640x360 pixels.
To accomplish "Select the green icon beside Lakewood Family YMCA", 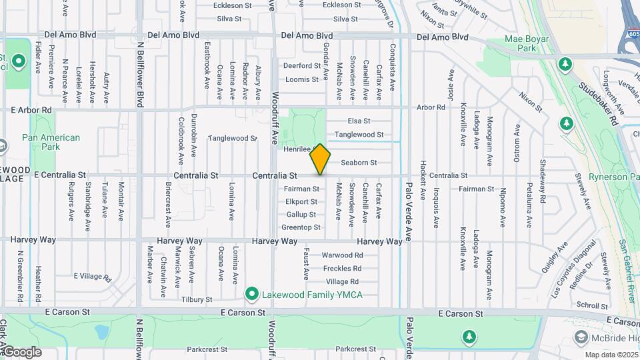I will click(x=251, y=294).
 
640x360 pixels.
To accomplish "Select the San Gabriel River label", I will click(x=627, y=270).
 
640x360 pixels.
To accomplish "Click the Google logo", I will click(x=21, y=351).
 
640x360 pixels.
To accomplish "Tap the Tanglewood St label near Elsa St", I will click(x=359, y=135).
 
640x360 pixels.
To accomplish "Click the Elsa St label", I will click(x=359, y=121).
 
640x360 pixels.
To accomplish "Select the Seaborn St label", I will click(x=359, y=163).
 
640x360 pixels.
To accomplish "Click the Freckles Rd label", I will click(x=342, y=269).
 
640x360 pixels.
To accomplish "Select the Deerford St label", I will click(x=302, y=66).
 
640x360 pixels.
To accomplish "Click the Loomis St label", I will click(x=302, y=79).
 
